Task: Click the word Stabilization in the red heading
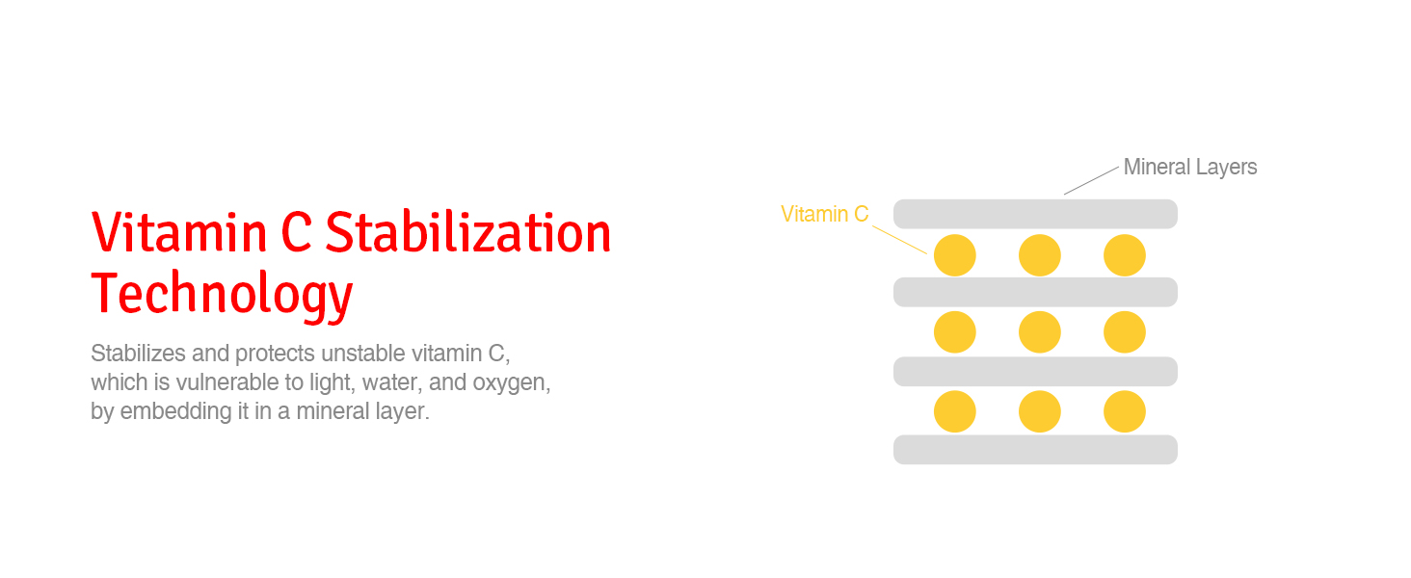point(468,232)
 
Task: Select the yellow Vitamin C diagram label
point(825,214)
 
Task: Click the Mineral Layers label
point(1190,167)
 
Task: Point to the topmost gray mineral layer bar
point(1035,214)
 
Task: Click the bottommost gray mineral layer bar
point(1035,450)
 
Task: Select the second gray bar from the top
point(1035,292)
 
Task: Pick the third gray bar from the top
point(1035,372)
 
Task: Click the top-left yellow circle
point(955,255)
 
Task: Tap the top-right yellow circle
point(1125,255)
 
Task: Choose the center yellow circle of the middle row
point(1039,331)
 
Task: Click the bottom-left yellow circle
point(955,411)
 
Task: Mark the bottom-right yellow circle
point(1125,411)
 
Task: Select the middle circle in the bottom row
point(1039,411)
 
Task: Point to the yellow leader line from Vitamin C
point(899,240)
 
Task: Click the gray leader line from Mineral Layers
point(1091,181)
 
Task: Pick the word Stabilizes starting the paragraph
point(138,354)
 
